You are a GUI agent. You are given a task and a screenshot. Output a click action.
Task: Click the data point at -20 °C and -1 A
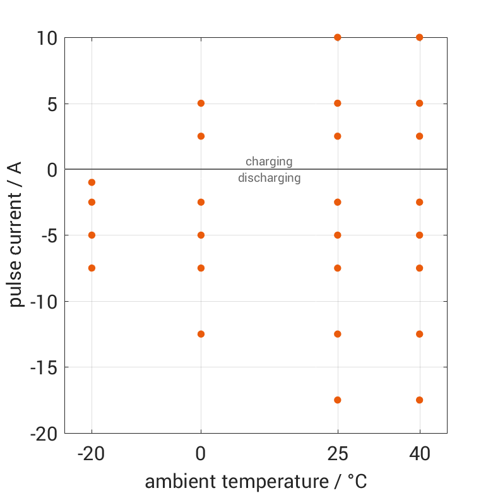pyautogui.click(x=92, y=182)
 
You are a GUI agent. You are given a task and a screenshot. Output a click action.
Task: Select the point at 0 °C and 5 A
pyautogui.click(x=201, y=103)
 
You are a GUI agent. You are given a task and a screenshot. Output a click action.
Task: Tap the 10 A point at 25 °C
pyautogui.click(x=338, y=37)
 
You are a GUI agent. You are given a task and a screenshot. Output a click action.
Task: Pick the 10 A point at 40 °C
pyautogui.click(x=419, y=37)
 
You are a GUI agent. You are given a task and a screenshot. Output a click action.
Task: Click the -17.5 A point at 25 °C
pyautogui.click(x=338, y=400)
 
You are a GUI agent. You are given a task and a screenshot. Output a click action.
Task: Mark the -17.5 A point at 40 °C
pyautogui.click(x=419, y=400)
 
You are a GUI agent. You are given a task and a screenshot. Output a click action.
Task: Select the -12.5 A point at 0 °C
pyautogui.click(x=201, y=334)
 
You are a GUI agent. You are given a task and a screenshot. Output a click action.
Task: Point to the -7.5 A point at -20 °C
pyautogui.click(x=92, y=268)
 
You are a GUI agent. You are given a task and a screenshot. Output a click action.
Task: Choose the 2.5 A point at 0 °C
pyautogui.click(x=201, y=136)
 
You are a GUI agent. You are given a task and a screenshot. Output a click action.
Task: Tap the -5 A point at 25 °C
pyautogui.click(x=338, y=235)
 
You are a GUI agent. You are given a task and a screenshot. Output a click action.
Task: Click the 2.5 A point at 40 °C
pyautogui.click(x=419, y=136)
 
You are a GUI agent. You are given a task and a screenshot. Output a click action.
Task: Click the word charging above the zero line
pyautogui.click(x=269, y=162)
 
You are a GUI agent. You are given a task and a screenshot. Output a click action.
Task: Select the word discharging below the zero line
pyautogui.click(x=269, y=178)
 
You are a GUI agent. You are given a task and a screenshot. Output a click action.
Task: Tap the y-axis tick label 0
pyautogui.click(x=51, y=169)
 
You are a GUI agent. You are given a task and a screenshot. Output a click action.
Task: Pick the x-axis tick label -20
pyautogui.click(x=92, y=454)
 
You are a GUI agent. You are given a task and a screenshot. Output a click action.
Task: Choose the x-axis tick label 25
pyautogui.click(x=338, y=454)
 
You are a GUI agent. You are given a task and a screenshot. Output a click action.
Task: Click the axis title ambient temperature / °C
pyautogui.click(x=256, y=482)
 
